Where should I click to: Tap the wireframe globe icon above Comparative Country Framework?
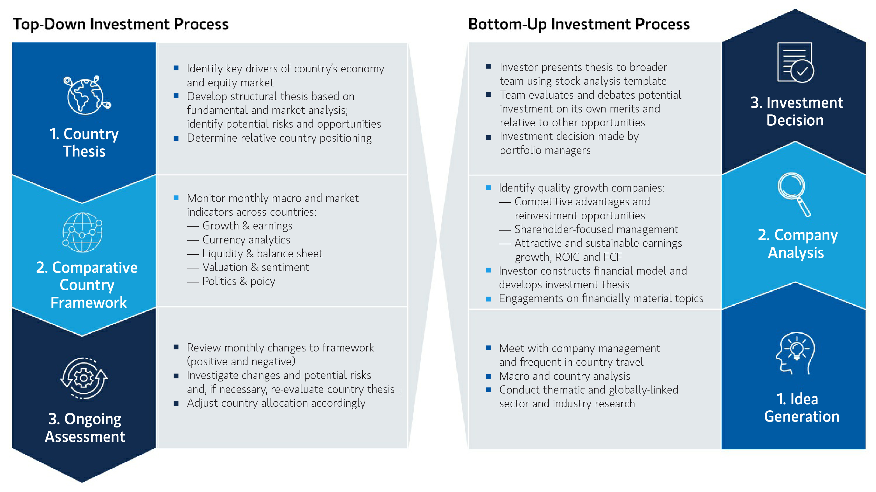[x=82, y=232]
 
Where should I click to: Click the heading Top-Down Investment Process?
[x=121, y=24]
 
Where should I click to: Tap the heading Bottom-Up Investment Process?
[x=579, y=24]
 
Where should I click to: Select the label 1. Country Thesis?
[x=84, y=142]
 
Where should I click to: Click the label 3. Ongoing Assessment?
[x=85, y=428]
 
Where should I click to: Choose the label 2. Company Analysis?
[x=797, y=244]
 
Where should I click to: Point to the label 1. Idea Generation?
[x=801, y=408]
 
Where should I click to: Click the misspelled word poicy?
[x=263, y=281]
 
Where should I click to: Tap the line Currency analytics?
[x=246, y=240]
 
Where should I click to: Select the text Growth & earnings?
[x=247, y=226]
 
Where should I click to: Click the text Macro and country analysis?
[x=565, y=376]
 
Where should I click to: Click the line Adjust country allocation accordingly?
[x=276, y=403]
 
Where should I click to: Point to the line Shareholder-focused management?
[x=596, y=229]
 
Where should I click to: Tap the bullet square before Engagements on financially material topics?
[x=489, y=299]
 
